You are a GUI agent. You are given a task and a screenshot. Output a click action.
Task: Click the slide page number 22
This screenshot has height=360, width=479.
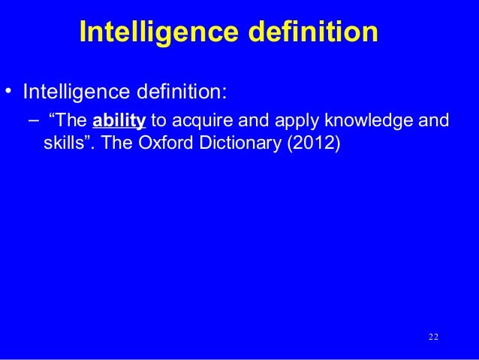pos(432,336)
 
